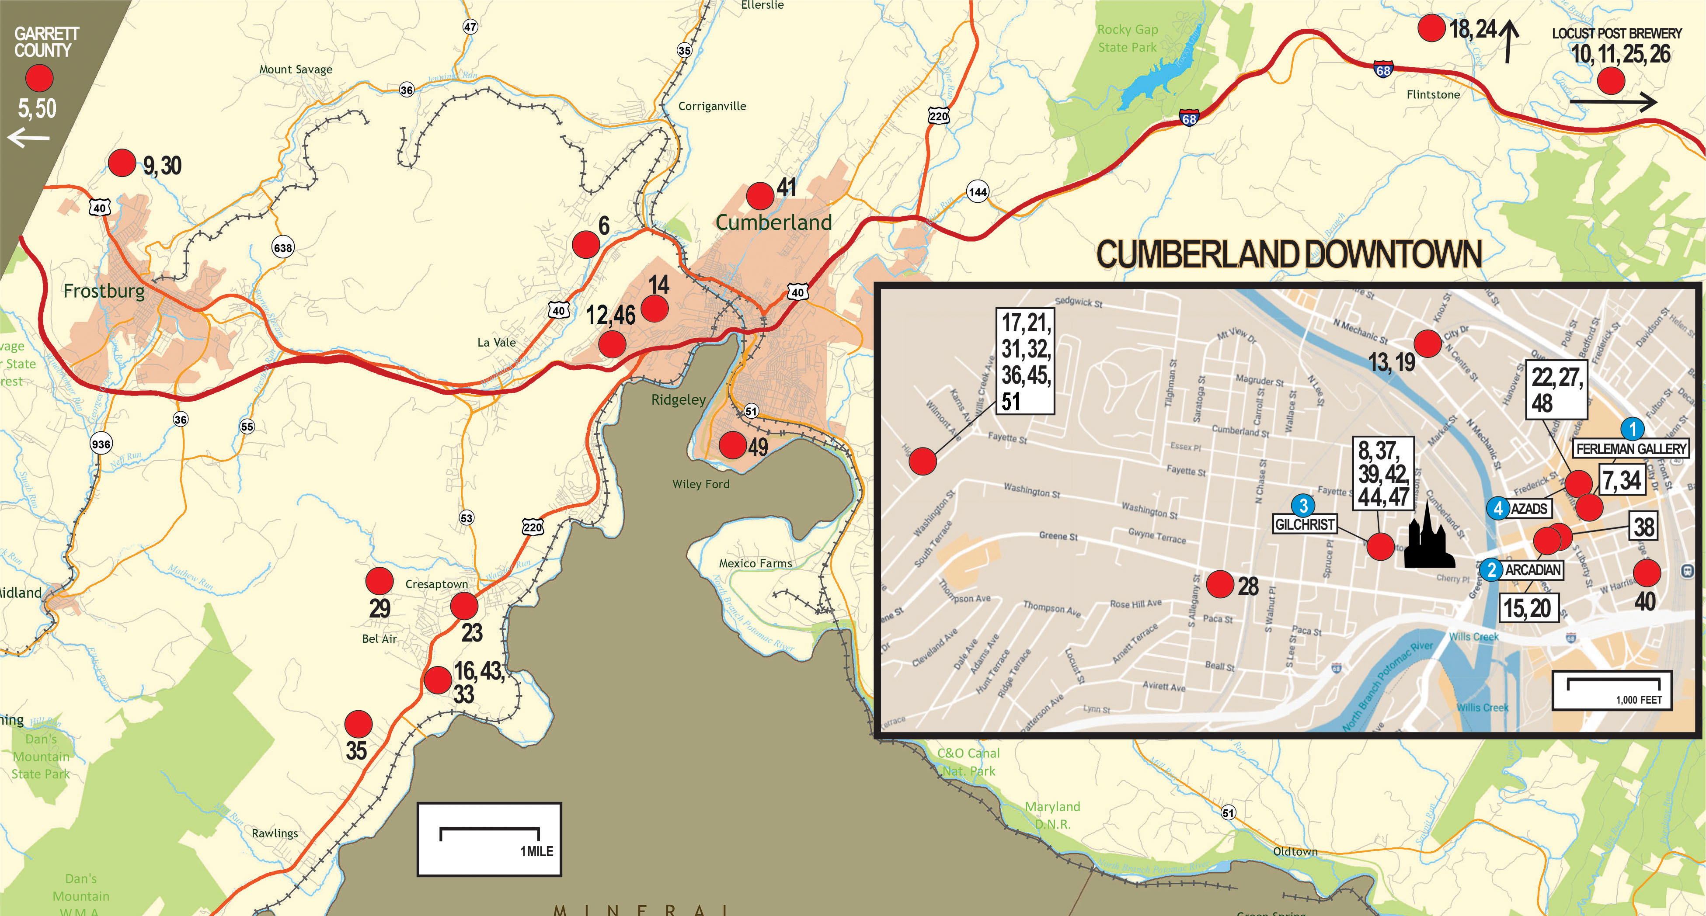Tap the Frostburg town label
[104, 291]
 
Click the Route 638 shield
[283, 247]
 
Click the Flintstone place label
[1433, 95]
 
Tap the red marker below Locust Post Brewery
[1611, 81]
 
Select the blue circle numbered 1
[1633, 429]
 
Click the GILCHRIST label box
[1305, 524]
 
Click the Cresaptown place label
[436, 584]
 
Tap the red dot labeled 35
[358, 724]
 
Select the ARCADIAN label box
[1532, 570]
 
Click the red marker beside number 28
[1219, 584]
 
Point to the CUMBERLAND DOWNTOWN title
[1289, 255]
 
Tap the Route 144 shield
[978, 192]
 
